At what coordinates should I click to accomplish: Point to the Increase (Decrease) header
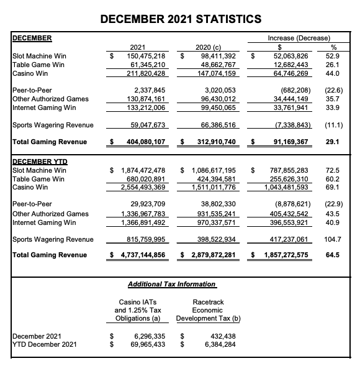click(299, 38)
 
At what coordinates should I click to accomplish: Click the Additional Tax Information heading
click(171, 284)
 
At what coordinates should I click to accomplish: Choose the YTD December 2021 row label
click(45, 344)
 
